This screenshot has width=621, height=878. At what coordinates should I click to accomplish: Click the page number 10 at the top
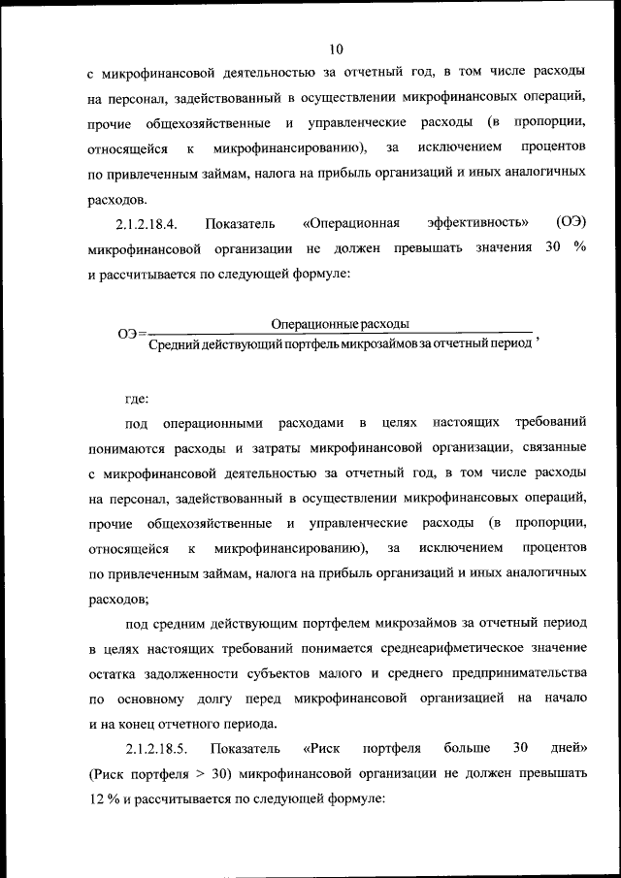click(x=336, y=49)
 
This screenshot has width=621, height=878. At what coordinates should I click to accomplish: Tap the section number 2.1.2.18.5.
click(x=155, y=748)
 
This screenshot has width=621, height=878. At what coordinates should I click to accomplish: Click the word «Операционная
click(x=350, y=223)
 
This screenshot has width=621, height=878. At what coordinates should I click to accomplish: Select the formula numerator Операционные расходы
click(x=340, y=322)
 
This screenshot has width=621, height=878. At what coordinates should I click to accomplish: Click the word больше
click(x=465, y=748)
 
